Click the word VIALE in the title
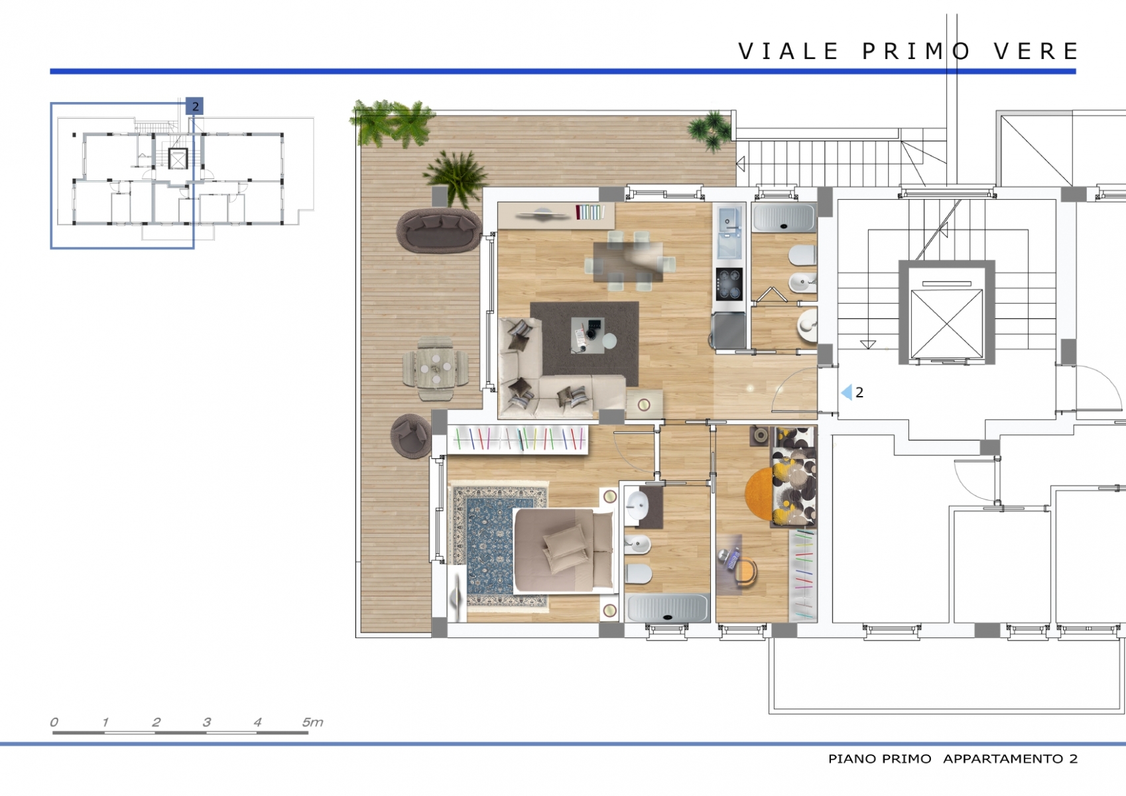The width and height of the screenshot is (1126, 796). [x=788, y=51]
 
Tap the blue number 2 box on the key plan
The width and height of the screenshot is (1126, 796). [x=195, y=106]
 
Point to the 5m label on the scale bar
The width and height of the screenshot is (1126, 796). [x=312, y=722]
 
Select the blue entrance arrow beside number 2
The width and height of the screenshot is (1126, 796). [x=847, y=392]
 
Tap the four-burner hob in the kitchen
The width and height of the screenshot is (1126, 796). [x=729, y=284]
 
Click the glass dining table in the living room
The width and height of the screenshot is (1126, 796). [x=629, y=261]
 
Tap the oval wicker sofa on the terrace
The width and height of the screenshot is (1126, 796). [x=438, y=230]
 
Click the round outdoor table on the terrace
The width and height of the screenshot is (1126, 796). [x=435, y=369]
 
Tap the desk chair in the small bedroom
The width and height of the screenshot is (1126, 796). [x=745, y=572]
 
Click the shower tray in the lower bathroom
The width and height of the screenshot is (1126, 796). [x=668, y=608]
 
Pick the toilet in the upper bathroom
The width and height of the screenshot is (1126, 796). [x=803, y=255]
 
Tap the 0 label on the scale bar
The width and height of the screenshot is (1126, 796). [x=54, y=722]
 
